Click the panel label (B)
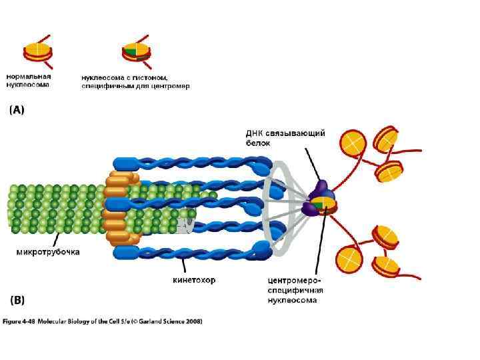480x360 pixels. (x=17, y=301)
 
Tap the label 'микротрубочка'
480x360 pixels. (x=48, y=252)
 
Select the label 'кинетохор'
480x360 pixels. (x=193, y=280)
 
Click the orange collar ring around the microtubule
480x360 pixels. (x=120, y=207)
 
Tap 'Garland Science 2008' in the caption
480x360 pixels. (x=173, y=321)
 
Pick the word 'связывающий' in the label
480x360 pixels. (x=296, y=133)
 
